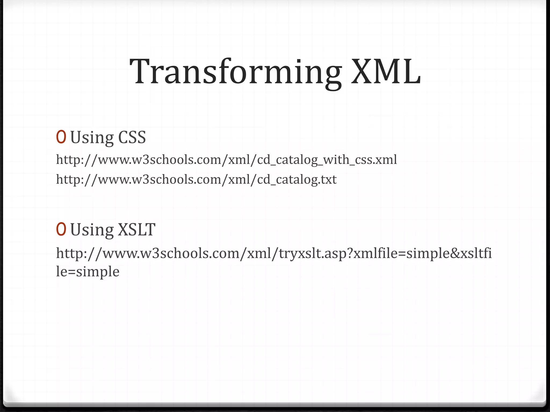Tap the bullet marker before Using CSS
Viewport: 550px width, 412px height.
pos(61,137)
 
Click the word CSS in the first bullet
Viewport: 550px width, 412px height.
pos(132,137)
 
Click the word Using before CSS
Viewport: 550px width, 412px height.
pos(92,138)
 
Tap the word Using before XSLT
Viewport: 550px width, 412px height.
pos(92,230)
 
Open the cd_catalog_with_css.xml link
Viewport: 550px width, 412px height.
pos(226,160)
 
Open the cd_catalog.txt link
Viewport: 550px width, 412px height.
pos(196,179)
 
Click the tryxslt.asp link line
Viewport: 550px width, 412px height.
pos(274,253)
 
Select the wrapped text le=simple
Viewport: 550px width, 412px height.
pos(88,272)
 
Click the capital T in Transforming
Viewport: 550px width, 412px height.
pos(142,72)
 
